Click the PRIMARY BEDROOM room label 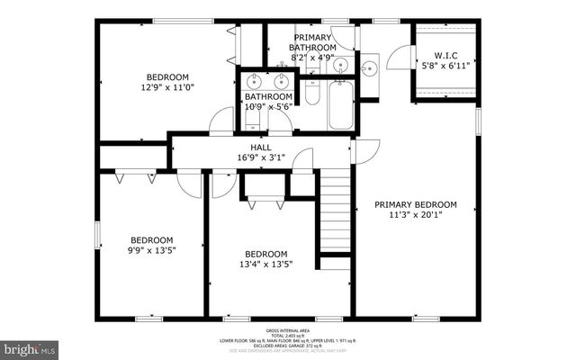click(x=416, y=205)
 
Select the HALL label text click(x=260, y=147)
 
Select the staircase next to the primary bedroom click(x=335, y=214)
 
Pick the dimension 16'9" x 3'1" click(x=260, y=157)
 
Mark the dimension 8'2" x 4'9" click(x=312, y=57)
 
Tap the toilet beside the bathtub click(x=311, y=94)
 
